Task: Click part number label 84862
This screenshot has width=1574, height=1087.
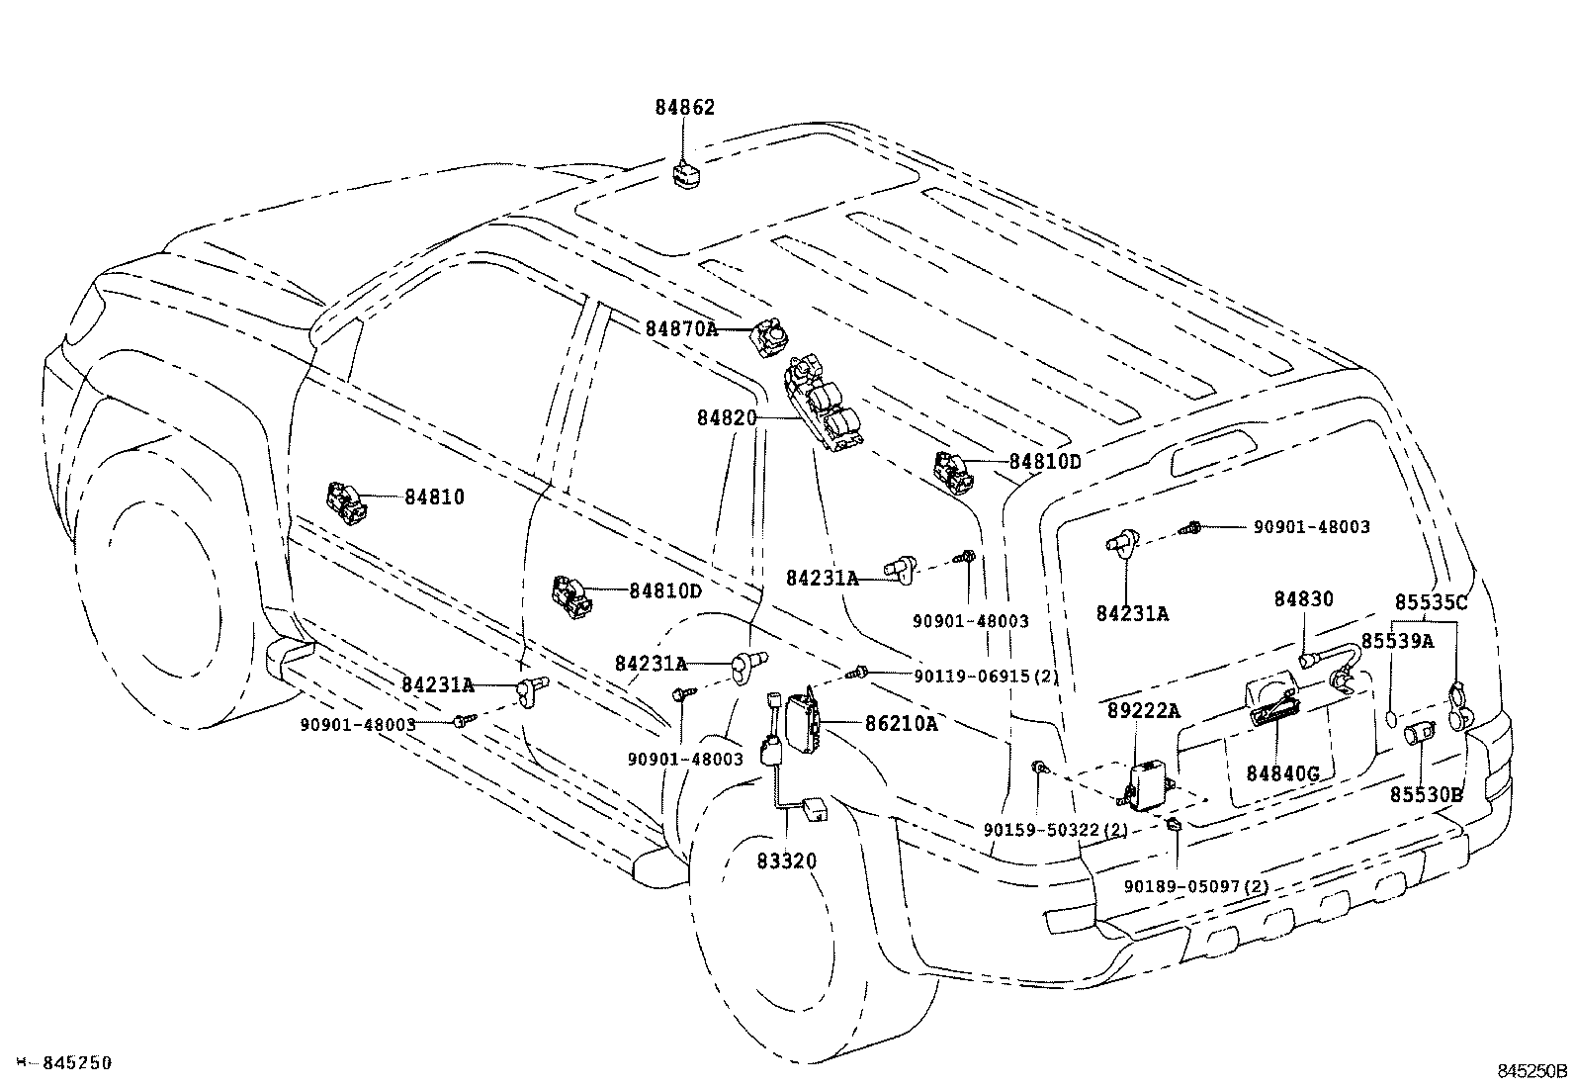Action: click(684, 108)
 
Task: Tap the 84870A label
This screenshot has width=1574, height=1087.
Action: click(681, 328)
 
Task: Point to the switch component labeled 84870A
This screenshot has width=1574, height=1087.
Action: click(768, 337)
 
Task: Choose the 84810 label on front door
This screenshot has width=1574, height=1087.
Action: click(433, 497)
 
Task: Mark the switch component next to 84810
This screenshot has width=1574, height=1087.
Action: click(347, 499)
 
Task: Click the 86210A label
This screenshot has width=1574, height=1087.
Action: click(901, 723)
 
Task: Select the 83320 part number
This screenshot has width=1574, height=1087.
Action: click(787, 861)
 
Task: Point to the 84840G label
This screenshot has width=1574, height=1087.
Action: click(1282, 773)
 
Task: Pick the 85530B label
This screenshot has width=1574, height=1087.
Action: click(1426, 794)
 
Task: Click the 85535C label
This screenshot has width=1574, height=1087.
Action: click(1431, 601)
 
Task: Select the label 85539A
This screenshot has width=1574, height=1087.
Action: click(1397, 641)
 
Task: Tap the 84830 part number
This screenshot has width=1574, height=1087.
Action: click(1303, 599)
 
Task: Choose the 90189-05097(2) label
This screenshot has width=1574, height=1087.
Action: click(1195, 886)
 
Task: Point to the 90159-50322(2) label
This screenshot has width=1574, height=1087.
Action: click(1055, 830)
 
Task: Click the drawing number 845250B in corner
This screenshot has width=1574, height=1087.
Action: click(1531, 1070)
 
